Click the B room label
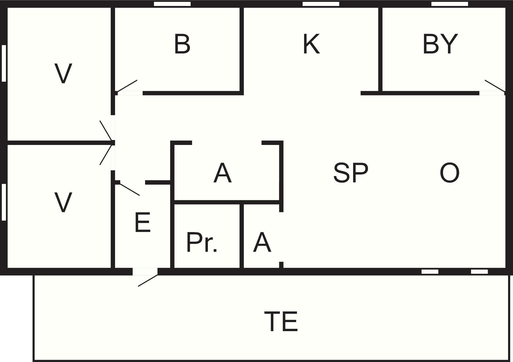[182, 44]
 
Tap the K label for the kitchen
[311, 44]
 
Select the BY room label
[440, 44]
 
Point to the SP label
[351, 172]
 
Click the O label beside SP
[450, 173]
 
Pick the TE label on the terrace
[281, 322]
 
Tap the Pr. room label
[202, 243]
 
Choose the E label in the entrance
[142, 222]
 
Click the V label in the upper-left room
[63, 74]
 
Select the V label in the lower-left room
[63, 203]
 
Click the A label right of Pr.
[262, 243]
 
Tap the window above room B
[172, 4]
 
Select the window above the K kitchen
[321, 4]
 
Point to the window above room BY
[450, 4]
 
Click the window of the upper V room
[4, 63]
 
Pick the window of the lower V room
[4, 202]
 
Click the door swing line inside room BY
[495, 86]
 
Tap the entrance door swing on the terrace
[148, 281]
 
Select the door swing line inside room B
[127, 86]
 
